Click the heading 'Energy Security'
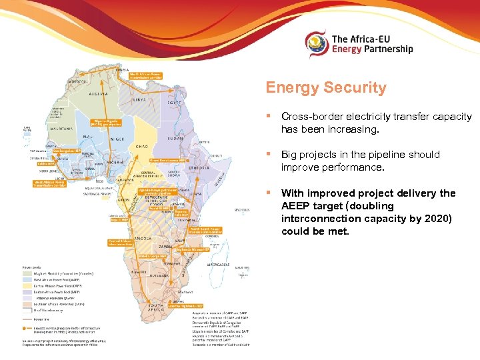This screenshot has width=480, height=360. tap(325, 87)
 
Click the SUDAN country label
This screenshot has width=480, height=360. tap(175, 139)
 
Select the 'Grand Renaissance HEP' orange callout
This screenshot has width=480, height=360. tap(167, 160)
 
